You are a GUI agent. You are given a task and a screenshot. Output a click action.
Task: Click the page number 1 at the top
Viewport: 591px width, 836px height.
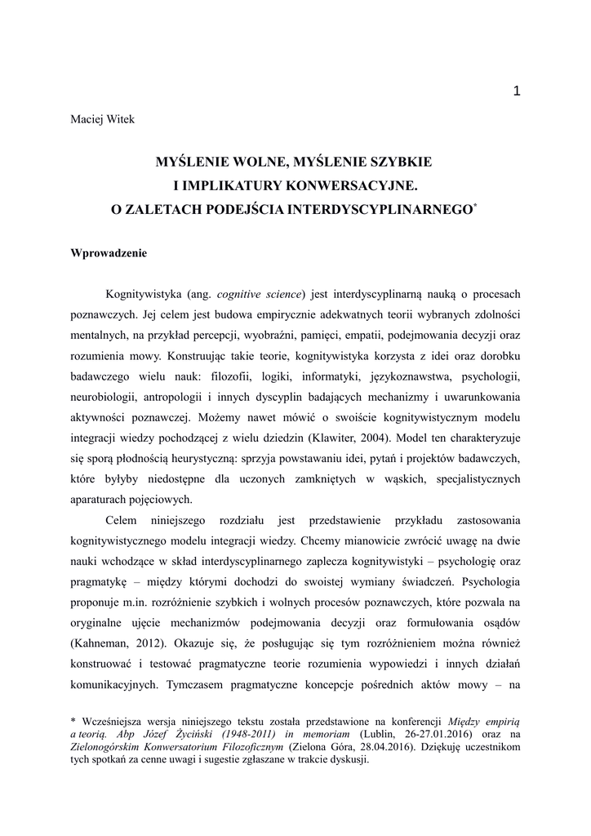tap(516, 91)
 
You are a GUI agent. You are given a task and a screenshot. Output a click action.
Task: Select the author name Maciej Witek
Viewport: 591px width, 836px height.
tap(102, 120)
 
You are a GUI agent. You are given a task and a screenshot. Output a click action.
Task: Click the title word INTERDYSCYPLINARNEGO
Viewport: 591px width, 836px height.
tap(389, 209)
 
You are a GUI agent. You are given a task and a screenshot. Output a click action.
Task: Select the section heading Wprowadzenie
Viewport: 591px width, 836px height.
tap(109, 253)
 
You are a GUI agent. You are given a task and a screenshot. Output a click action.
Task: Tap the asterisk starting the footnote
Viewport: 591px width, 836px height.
tap(74, 721)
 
